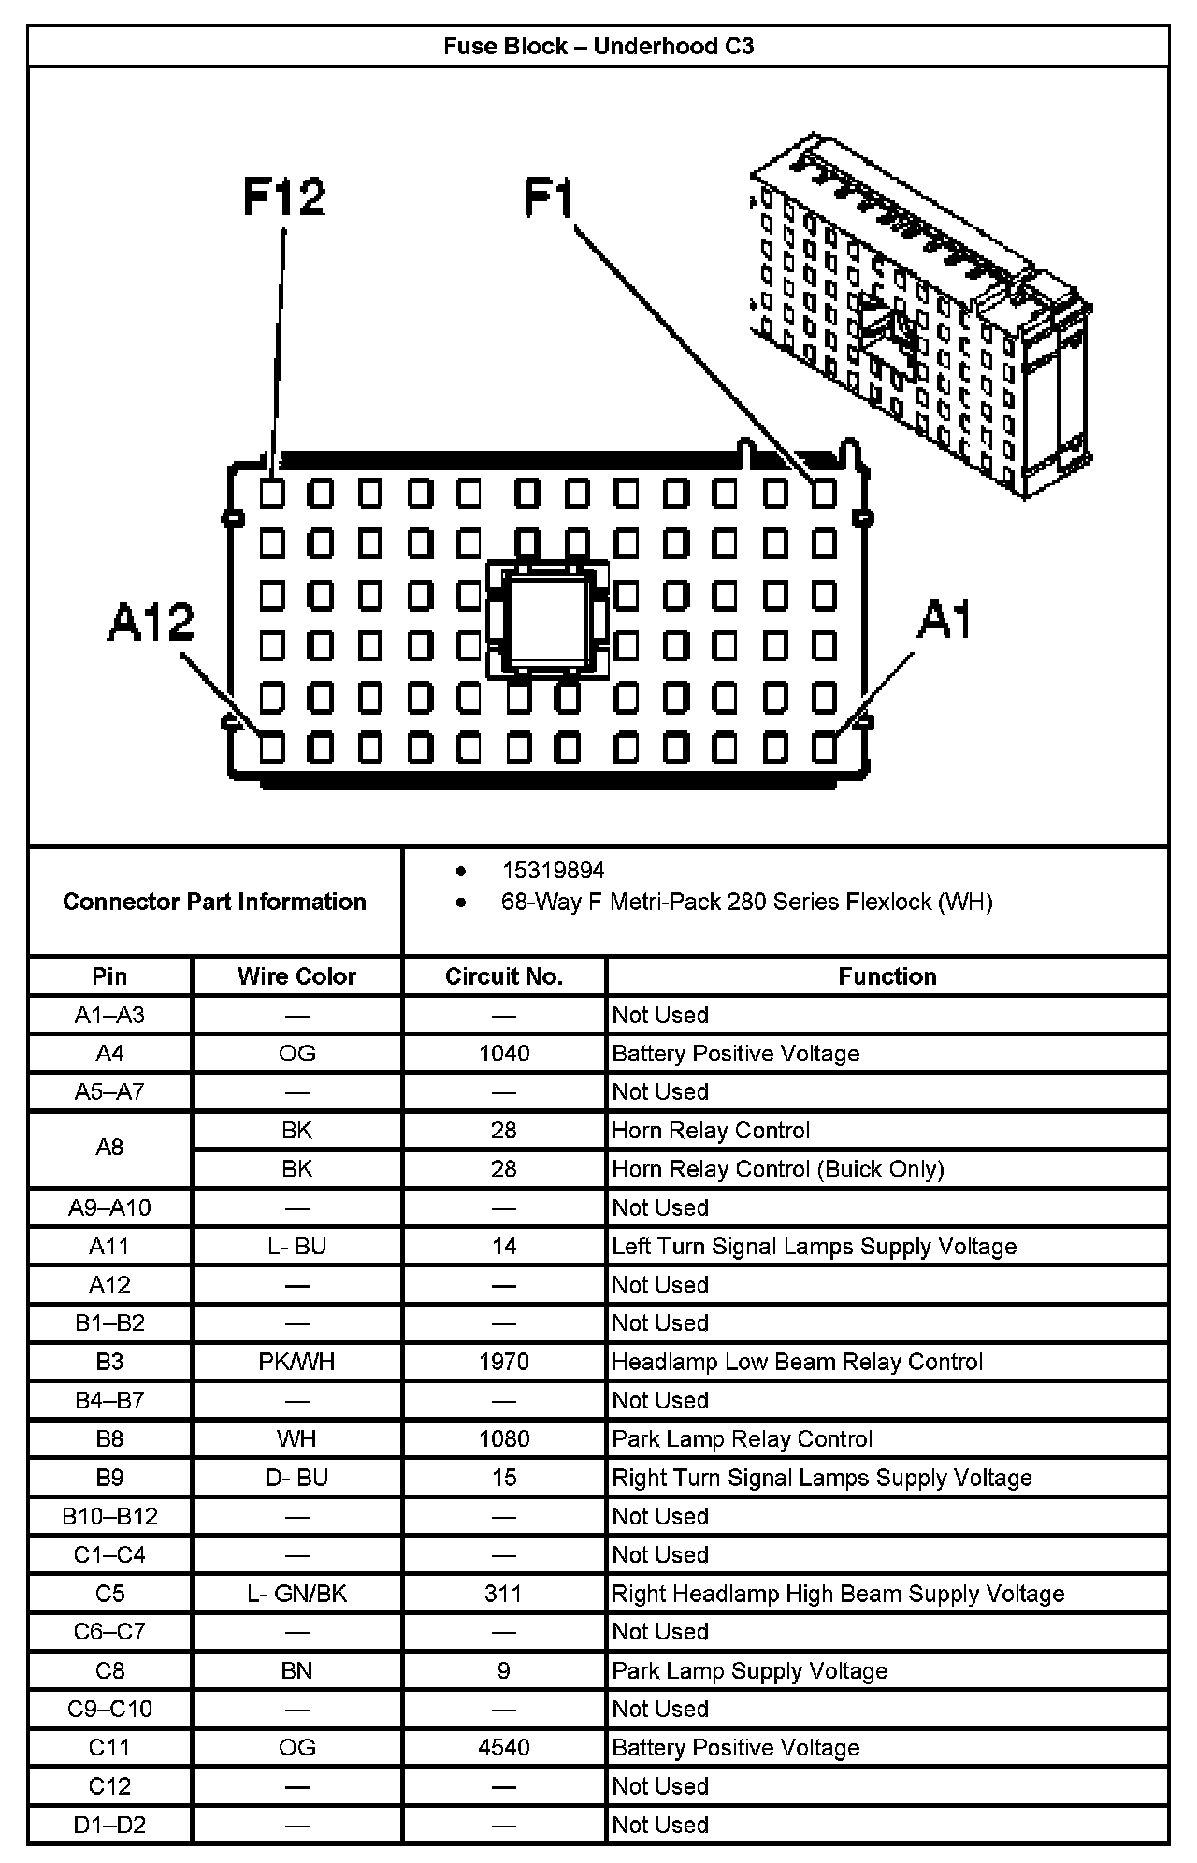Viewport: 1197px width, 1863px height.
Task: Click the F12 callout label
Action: click(x=284, y=196)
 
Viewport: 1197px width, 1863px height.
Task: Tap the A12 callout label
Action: click(x=151, y=622)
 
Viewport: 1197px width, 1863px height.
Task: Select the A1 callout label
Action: click(x=945, y=619)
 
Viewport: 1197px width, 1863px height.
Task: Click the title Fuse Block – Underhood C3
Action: click(x=598, y=47)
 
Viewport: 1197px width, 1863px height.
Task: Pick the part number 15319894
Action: click(x=554, y=871)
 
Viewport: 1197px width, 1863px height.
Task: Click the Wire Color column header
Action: click(x=296, y=976)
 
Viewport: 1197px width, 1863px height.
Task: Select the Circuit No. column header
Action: click(x=504, y=976)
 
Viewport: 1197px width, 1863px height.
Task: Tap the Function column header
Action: click(x=887, y=976)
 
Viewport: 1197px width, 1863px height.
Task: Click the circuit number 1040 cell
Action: click(x=504, y=1054)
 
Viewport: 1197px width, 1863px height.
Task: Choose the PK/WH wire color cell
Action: click(x=296, y=1362)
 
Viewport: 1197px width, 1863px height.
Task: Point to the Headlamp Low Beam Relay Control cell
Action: click(x=797, y=1362)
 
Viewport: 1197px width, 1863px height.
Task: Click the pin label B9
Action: click(x=109, y=1478)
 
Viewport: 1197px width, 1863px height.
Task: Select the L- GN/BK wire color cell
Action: click(x=296, y=1594)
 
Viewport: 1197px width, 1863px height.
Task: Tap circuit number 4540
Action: click(x=504, y=1747)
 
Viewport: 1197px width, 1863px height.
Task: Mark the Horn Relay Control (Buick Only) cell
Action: click(x=778, y=1169)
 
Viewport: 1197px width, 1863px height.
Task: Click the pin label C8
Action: click(x=109, y=1670)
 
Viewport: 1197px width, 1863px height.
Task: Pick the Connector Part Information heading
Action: click(x=214, y=902)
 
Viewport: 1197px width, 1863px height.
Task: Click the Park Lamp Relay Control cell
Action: click(x=743, y=1438)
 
